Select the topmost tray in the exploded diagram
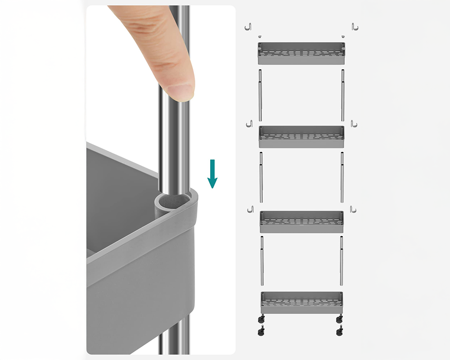301,53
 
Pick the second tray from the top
301,137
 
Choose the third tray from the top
301,222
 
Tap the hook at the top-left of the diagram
247,27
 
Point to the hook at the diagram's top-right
355,27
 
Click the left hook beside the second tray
249,123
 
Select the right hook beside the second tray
353,123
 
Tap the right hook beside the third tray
353,209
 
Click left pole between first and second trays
261,95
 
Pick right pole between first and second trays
342,95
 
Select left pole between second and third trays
261,177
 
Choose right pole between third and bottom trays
342,261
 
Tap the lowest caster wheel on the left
261,332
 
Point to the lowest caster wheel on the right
339,332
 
